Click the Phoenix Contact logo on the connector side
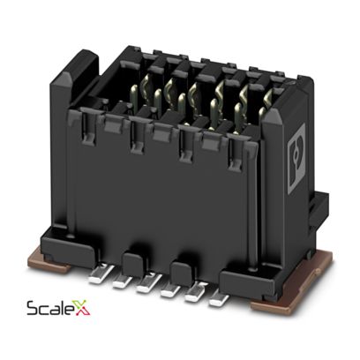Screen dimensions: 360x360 tap(296, 159)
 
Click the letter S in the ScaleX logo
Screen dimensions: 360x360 tap(32, 309)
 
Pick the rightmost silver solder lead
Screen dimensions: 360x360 tap(219, 297)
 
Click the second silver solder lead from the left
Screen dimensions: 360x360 tap(124, 281)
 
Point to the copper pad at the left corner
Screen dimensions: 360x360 tap(50, 261)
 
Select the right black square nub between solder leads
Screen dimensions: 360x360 tap(180, 273)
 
